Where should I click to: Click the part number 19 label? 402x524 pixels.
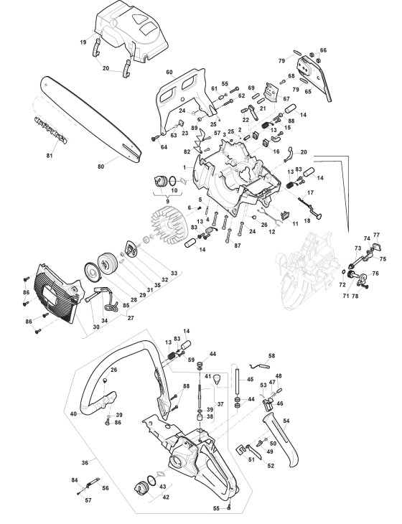(83, 42)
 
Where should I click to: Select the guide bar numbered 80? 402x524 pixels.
(91, 119)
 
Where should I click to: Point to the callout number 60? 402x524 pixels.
(169, 72)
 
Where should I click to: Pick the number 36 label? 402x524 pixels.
(85, 463)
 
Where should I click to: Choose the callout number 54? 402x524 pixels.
(286, 421)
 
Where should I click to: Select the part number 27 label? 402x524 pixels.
(131, 318)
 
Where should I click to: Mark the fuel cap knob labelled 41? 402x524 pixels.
(218, 378)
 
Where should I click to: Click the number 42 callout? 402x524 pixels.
(166, 497)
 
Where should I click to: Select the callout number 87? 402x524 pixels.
(238, 245)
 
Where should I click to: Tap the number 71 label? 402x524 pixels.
(345, 296)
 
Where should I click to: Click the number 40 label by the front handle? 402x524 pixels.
(73, 413)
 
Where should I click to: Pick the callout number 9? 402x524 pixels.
(167, 201)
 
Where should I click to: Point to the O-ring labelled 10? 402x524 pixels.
(173, 181)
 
